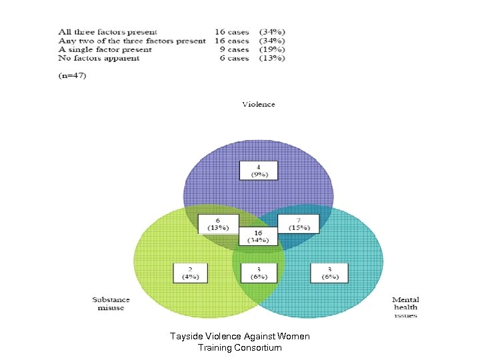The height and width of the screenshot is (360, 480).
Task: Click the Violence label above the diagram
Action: [x=259, y=104]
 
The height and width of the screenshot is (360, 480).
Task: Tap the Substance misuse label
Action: [x=108, y=303]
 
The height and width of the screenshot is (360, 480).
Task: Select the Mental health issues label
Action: [x=405, y=307]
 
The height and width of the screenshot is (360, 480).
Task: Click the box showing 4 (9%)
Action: [x=259, y=170]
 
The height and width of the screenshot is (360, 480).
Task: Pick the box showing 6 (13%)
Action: [x=219, y=224]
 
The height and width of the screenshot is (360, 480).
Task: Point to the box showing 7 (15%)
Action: [x=297, y=224]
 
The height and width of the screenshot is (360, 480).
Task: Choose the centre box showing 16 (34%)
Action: [x=259, y=237]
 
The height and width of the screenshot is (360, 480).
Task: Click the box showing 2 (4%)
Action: [x=191, y=273]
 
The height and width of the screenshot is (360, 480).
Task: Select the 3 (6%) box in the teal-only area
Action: [x=328, y=273]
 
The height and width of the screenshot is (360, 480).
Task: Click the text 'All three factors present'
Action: [x=108, y=31]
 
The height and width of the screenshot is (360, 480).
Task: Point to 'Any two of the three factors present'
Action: [x=132, y=41]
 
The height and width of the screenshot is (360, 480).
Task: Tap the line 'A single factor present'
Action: [x=105, y=49]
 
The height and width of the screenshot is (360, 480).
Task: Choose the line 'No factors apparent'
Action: [x=99, y=59]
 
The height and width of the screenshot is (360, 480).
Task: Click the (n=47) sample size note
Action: [x=72, y=75]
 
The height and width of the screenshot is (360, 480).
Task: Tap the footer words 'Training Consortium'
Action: [x=240, y=348]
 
